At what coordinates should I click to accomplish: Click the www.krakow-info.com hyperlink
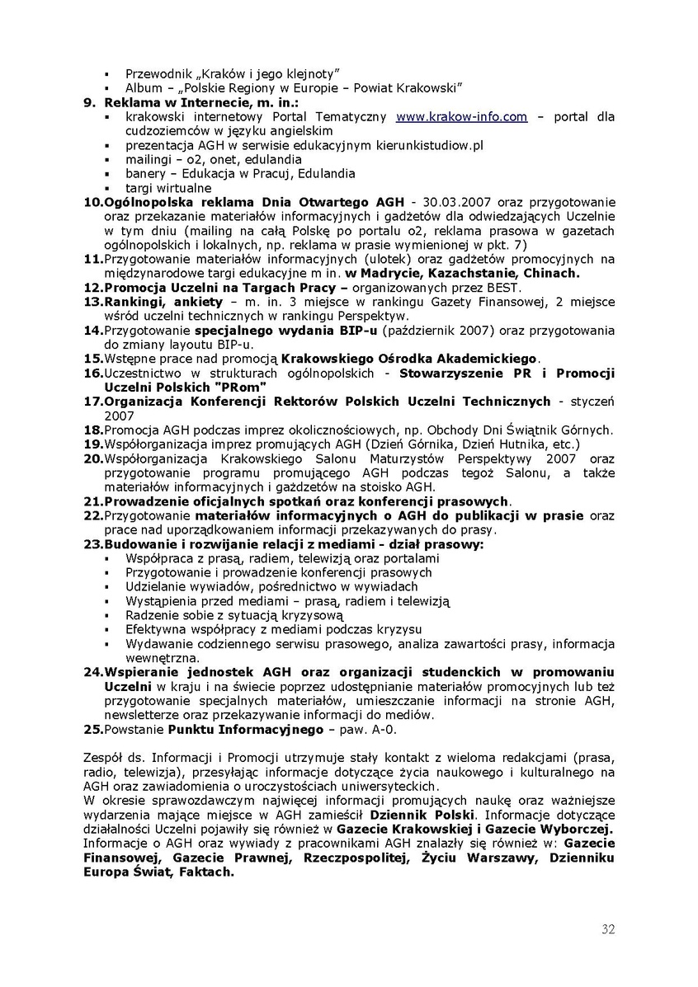click(461, 117)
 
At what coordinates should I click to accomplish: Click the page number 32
click(608, 929)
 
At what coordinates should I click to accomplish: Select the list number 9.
click(89, 103)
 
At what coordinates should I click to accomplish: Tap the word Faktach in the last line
click(202, 872)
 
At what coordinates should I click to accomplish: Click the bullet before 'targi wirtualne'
click(108, 188)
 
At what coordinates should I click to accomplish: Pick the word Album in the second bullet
click(144, 88)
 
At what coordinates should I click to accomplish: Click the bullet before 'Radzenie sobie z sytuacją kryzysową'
click(108, 615)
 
